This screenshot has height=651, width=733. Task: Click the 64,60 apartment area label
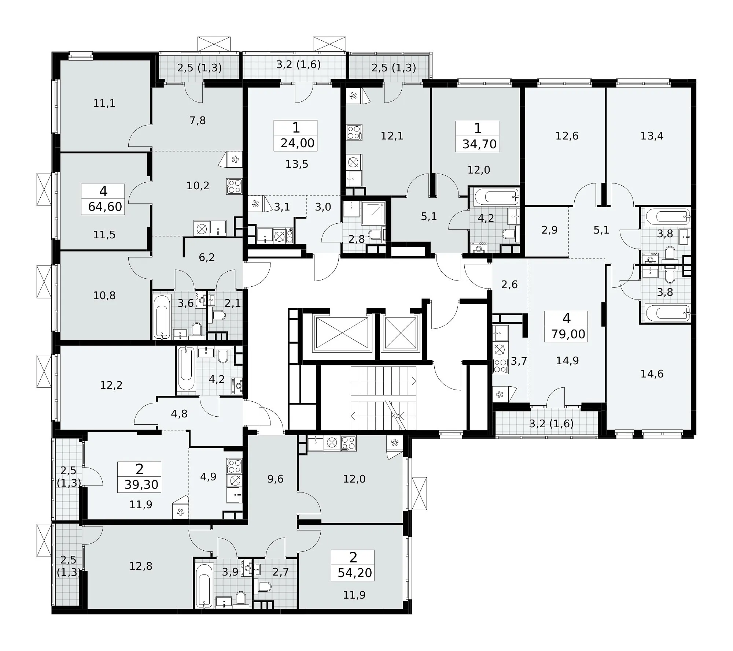105,207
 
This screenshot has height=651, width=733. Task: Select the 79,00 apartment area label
568,334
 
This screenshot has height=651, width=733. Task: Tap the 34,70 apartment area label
479,144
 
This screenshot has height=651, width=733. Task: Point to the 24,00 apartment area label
298,143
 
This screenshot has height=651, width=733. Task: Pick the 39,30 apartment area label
141,484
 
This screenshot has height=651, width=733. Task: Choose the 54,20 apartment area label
355,573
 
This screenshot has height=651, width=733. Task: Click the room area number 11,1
104,103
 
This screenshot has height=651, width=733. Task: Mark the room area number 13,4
652,136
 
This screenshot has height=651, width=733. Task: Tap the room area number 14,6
652,374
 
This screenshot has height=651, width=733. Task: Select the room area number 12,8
141,566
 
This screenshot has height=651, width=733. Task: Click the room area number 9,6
275,479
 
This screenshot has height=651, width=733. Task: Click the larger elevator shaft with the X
342,333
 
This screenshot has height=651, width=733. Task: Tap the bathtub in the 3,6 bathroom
162,317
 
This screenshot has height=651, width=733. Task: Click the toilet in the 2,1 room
219,315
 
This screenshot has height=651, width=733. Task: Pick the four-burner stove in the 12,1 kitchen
354,133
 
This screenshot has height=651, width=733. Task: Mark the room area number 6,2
207,257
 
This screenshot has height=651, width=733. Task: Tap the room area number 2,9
549,230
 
